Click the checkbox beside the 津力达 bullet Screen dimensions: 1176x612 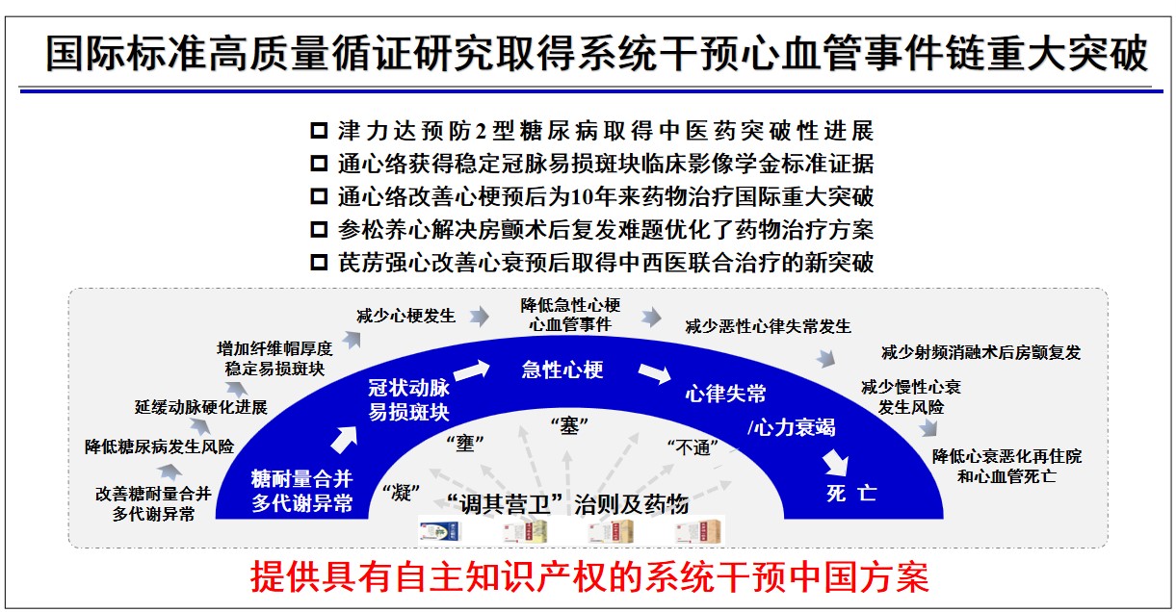319,131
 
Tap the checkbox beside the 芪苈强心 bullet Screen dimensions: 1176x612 319,262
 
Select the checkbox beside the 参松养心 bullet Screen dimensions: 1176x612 319,229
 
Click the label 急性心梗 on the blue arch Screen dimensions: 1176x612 562,370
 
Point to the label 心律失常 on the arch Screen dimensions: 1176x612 725,394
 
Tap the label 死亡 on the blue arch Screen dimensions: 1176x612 851,493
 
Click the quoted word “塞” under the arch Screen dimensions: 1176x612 569,426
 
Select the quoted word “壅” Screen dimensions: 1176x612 464,444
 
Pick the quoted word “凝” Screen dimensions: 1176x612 401,493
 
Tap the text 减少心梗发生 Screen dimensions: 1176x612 405,316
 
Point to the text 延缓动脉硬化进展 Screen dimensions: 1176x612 201,407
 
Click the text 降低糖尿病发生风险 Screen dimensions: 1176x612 159,446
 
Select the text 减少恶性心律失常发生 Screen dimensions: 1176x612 768,327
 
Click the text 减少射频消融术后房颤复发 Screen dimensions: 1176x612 980,352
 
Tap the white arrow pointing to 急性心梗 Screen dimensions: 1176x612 471,370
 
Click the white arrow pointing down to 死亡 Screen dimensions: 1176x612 835,463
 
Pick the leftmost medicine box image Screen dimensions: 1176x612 441,532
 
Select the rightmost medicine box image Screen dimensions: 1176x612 698,532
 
